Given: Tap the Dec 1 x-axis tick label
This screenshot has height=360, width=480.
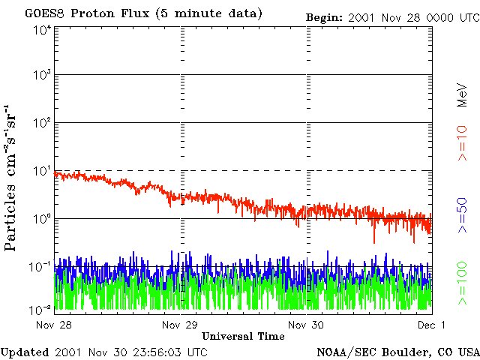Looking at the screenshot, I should (431, 325).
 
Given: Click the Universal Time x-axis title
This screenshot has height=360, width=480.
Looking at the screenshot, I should (243, 336).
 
